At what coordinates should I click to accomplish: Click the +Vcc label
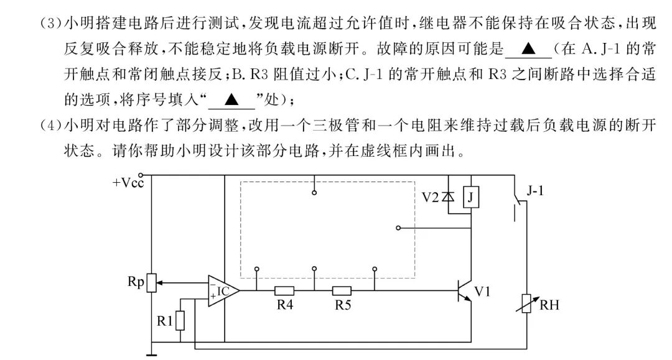[129, 183]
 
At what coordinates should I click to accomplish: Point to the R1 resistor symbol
[180, 320]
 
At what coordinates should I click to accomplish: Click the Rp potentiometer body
[151, 283]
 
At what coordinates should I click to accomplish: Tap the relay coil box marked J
[472, 198]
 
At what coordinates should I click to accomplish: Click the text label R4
[284, 305]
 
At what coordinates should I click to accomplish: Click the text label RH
[549, 305]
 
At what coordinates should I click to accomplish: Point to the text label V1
[482, 290]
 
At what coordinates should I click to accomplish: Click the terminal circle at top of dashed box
[315, 193]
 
